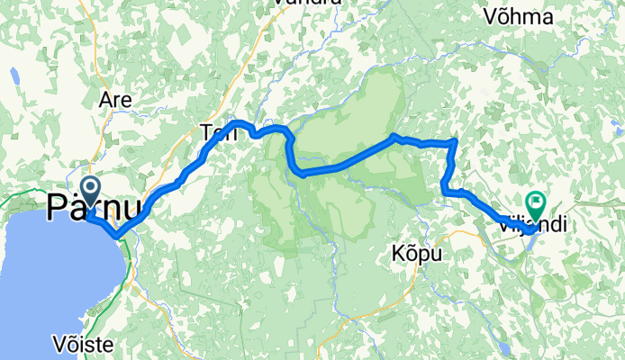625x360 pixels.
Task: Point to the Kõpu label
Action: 417,255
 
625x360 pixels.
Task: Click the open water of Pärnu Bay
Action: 54,270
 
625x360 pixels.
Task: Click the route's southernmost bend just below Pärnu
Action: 117,236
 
